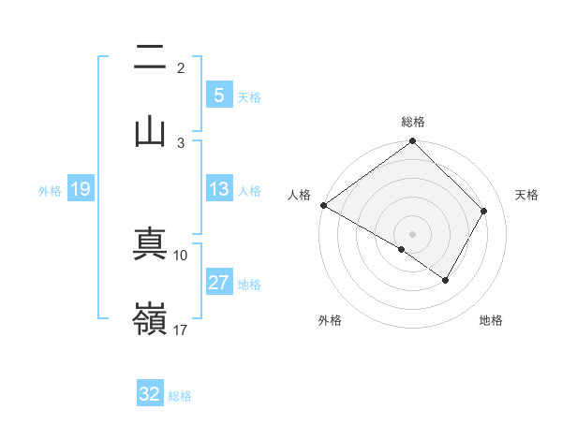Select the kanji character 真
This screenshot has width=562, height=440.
[150, 245]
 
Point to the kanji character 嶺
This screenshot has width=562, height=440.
[150, 320]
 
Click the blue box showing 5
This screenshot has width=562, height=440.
[218, 95]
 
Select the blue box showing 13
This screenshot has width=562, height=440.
[218, 189]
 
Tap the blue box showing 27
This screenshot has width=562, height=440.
[218, 283]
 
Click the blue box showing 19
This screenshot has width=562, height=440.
[80, 189]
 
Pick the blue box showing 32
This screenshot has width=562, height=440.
[149, 394]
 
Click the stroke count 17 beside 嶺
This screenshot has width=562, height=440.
[181, 330]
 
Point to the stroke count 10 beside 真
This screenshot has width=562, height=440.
[181, 255]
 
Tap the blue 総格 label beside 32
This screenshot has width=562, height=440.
[180, 395]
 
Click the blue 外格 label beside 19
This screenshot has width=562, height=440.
[50, 190]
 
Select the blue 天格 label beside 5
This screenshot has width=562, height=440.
[249, 96]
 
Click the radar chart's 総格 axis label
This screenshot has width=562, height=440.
[413, 122]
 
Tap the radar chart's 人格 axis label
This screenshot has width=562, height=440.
[299, 195]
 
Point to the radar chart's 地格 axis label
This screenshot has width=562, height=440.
[491, 320]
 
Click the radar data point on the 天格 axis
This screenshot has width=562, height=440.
[484, 211]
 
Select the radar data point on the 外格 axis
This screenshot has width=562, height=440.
[402, 249]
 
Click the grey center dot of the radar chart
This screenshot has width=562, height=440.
[413, 233]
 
